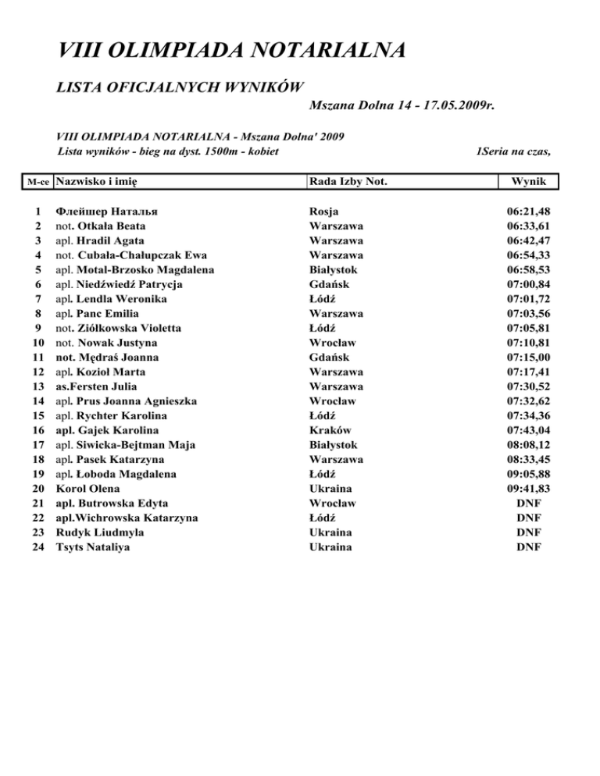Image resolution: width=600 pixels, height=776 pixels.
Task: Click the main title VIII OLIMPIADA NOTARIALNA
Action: coord(231,52)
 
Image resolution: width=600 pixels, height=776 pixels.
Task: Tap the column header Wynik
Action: coord(529,182)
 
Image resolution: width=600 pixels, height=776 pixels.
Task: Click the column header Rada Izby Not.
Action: coord(349,182)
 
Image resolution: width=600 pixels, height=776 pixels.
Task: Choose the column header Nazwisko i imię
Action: coord(102,182)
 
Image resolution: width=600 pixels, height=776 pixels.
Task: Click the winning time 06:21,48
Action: coord(529,211)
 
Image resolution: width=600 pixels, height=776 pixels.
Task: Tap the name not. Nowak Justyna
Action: coord(106,343)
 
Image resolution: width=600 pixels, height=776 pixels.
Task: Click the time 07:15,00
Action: coord(529,357)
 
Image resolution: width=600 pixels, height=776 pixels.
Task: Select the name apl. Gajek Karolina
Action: coord(107,430)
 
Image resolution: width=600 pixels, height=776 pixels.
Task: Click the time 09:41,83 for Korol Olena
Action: coord(529,489)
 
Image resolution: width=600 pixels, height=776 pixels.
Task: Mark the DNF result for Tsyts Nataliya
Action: coord(529,547)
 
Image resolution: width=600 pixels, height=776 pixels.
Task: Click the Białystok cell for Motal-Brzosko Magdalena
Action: coord(334,269)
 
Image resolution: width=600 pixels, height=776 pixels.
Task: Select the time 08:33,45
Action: coord(529,460)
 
